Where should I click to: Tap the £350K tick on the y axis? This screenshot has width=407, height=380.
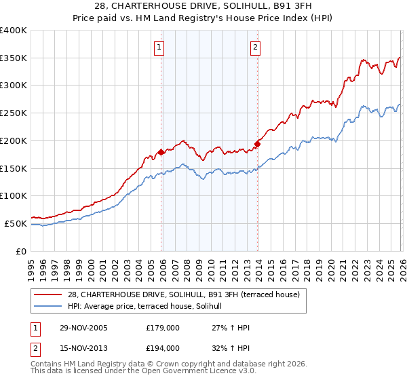click(14, 58)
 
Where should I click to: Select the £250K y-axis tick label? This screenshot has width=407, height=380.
click(14, 113)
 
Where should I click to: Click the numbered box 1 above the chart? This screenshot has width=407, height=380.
click(158, 47)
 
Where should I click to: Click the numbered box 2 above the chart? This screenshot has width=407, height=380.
click(255, 47)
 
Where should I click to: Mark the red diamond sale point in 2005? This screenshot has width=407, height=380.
click(161, 153)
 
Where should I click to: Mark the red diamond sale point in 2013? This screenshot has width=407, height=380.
click(258, 144)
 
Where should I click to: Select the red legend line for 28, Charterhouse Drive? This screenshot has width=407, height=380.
click(49, 294)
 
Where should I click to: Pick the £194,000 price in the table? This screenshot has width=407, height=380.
click(162, 348)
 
